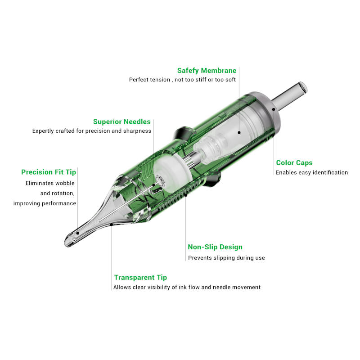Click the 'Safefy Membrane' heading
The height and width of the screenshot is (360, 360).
click(207, 71)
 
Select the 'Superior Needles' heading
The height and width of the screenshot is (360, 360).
click(121, 121)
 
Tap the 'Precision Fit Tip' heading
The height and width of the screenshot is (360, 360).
click(49, 172)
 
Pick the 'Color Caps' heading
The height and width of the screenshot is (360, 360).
click(294, 163)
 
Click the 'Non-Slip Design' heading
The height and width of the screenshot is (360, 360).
click(215, 247)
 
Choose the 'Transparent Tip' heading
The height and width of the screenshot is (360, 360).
click(140, 278)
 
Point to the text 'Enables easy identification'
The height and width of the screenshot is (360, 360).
click(312, 172)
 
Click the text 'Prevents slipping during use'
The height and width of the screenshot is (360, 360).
click(226, 258)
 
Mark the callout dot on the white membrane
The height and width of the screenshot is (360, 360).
click(239, 132)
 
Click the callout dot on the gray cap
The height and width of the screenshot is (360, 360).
click(274, 109)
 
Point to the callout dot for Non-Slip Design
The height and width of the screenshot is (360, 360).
click(186, 195)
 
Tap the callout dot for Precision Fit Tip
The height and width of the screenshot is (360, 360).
click(77, 233)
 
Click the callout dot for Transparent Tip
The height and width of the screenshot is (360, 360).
click(111, 225)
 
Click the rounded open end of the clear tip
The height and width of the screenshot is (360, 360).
click(68, 241)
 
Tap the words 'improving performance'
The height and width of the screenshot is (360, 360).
click(45, 203)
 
